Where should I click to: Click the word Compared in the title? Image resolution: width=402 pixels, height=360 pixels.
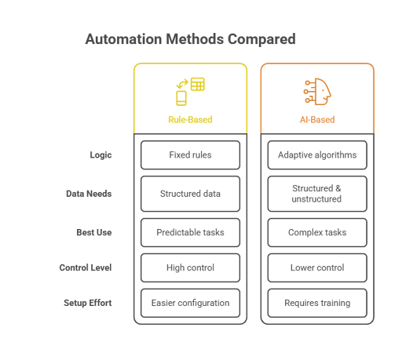pos(261,39)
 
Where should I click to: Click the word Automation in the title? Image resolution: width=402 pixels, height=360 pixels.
pos(123,39)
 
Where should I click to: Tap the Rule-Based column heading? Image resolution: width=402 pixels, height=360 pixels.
pos(190,119)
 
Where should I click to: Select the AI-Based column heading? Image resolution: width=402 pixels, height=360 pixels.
pos(317,119)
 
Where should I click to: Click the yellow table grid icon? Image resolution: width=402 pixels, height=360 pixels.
pos(198,84)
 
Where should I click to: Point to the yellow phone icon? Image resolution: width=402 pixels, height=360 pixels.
pos(181,98)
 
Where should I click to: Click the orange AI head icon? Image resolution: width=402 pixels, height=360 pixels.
pos(317,92)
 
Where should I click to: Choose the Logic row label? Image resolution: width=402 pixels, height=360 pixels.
pos(100,155)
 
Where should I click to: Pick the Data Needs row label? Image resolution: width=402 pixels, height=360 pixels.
pos(89,194)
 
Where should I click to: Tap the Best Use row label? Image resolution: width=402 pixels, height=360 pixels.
pos(94,232)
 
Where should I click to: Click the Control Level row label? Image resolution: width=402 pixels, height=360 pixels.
pos(86,267)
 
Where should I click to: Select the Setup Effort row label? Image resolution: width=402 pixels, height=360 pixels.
pos(88,303)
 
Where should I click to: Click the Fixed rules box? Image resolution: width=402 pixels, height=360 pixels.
pos(190,155)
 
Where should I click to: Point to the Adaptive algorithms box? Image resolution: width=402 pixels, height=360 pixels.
pos(317,155)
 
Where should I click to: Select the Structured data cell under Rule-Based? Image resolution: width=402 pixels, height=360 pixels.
pos(190,194)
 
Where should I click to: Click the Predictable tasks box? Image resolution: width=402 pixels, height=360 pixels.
pos(190,232)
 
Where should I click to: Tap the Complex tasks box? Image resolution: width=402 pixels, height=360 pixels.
pos(317,232)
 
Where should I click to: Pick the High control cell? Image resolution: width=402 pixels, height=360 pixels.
pos(190,267)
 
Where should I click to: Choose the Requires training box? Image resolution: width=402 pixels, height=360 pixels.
pos(317,303)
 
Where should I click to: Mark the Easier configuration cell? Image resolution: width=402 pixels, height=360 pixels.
pos(190,303)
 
